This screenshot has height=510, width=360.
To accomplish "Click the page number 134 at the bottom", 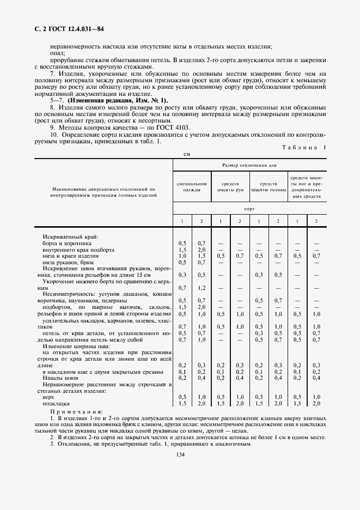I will pos(180,456).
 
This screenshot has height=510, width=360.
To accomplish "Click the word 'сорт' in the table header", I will pos(249,209).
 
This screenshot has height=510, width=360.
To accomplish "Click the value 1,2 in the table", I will pos(201,288).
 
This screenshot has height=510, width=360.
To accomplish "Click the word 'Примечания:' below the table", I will pos(78,411).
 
